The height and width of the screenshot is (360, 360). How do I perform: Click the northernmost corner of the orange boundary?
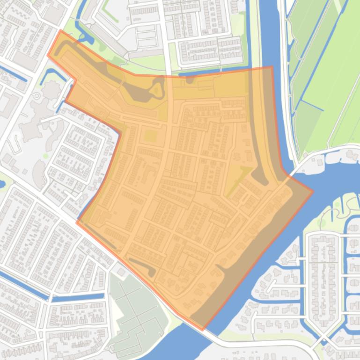(x=61, y=31)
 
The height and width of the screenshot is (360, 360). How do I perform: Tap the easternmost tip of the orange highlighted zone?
(x=312, y=191)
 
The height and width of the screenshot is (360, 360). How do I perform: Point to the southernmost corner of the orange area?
(x=203, y=330)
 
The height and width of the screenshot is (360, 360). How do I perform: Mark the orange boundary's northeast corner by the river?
(x=272, y=67)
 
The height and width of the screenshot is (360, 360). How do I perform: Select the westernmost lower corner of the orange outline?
(x=77, y=222)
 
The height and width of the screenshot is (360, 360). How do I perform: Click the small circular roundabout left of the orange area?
(x=37, y=96)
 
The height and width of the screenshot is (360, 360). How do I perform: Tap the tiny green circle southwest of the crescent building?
(x=45, y=156)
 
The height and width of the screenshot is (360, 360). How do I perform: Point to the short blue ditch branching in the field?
(x=311, y=106)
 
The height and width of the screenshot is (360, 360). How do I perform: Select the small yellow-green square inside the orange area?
(x=150, y=136)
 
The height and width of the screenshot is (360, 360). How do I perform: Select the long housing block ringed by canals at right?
(x=323, y=281)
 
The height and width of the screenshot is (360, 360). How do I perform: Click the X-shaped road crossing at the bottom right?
(x=323, y=338)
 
